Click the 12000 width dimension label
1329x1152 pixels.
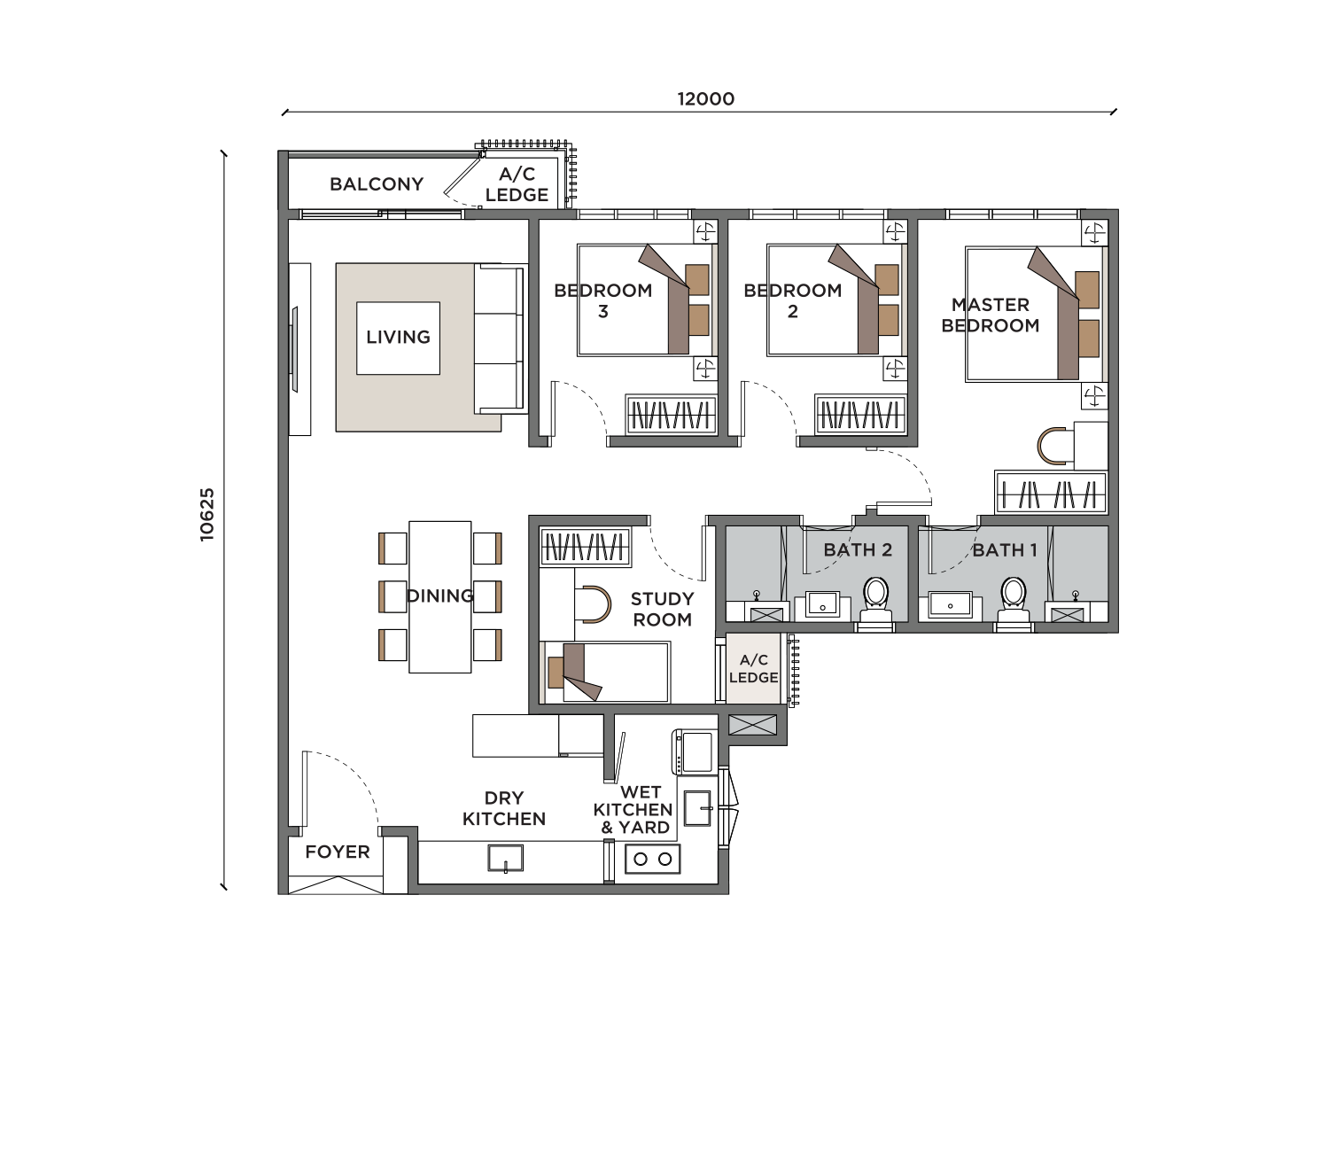705,99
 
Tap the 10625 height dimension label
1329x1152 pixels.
206,515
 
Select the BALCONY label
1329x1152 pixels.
377,184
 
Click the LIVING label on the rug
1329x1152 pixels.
398,337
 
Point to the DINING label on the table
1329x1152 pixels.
439,596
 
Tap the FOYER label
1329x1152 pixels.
337,852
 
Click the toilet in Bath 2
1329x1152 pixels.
875,599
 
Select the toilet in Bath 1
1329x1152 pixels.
1013,599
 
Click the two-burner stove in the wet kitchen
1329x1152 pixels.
652,859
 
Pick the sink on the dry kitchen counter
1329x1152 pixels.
505,859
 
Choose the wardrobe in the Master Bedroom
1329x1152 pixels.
1051,493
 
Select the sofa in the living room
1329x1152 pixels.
501,339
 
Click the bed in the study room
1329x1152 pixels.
606,673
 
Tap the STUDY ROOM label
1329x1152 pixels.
662,609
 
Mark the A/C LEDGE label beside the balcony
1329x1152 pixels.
517,184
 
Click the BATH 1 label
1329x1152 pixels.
1005,550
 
